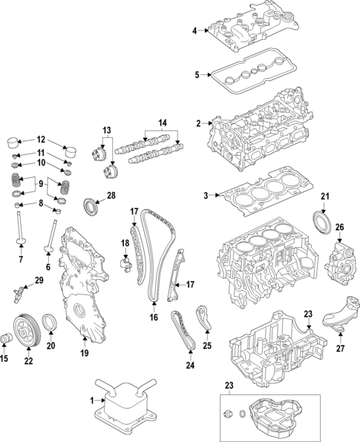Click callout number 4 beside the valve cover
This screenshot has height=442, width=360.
(x=194, y=30)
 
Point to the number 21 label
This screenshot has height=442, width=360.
(x=324, y=196)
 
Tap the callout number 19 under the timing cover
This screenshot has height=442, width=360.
(x=84, y=353)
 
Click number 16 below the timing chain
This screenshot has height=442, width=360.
(x=154, y=317)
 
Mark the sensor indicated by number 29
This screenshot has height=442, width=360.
(x=16, y=294)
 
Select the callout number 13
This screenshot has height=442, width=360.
(x=107, y=130)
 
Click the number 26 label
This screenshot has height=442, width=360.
(x=341, y=227)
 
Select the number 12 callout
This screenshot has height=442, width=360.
(x=41, y=139)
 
